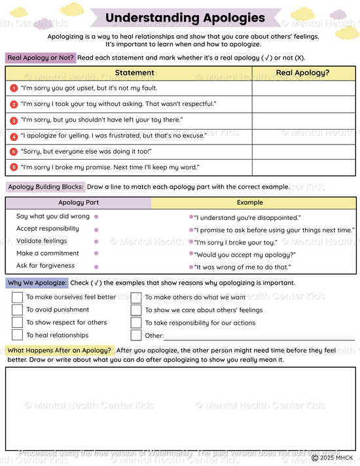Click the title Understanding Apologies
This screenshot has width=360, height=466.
point(185,18)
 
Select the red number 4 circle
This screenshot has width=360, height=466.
point(14,136)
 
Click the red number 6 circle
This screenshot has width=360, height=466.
point(14,168)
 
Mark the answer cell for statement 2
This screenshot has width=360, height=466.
point(302,104)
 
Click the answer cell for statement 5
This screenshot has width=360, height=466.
point(302,152)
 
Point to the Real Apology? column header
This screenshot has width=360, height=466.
point(302,73)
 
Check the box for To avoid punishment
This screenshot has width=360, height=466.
point(17,310)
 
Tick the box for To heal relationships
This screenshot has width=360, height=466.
point(17,335)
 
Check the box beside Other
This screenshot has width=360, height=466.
point(136,335)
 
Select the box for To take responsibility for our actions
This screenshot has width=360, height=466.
point(136,323)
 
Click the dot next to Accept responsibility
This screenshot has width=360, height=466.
point(96,230)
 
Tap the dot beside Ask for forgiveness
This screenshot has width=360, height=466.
point(96,266)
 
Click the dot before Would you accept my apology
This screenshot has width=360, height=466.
point(191,255)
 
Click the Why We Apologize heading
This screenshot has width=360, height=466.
point(37,283)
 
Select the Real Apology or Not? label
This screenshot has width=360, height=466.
point(41,58)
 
